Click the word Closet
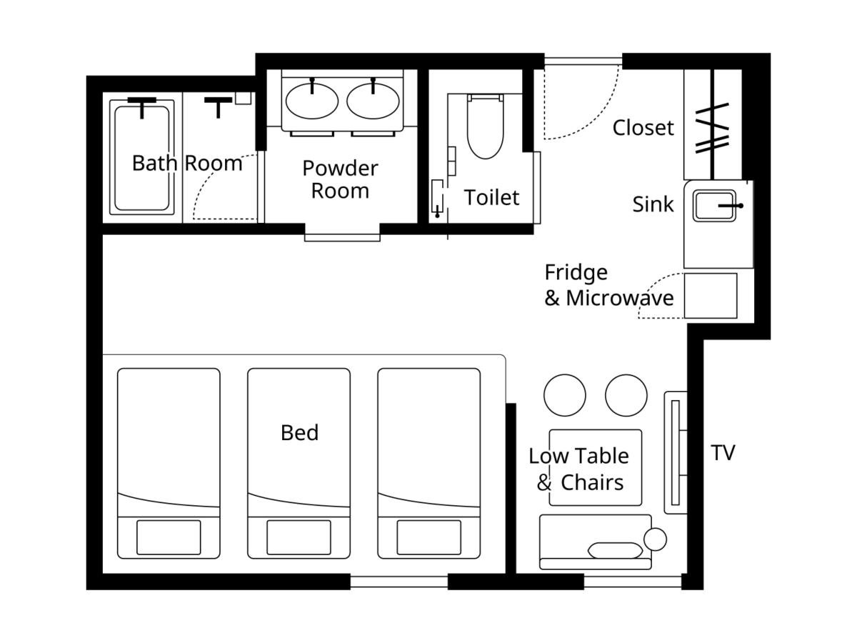643,128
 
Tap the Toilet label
491,197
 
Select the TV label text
723,453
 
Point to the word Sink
653,204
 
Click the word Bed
299,432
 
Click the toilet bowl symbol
486,126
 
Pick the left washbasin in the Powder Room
311,101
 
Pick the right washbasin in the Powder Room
373,101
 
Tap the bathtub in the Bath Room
141,157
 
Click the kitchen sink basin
714,206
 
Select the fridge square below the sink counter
710,296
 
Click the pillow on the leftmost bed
169,537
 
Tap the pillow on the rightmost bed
428,537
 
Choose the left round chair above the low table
565,395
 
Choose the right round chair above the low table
626,395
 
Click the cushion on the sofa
615,550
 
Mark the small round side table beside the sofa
655,539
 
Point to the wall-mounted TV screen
675,453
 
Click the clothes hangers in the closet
712,129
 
